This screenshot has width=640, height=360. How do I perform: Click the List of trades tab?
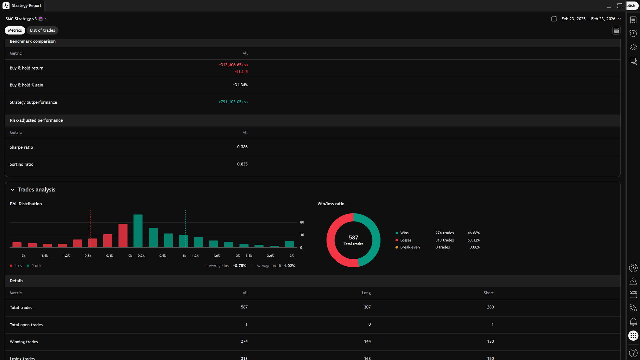(x=42, y=30)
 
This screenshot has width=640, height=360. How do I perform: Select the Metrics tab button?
(x=15, y=30)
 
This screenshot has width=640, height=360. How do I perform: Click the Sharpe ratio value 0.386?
(x=242, y=147)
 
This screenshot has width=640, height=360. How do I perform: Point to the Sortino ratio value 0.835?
(x=242, y=164)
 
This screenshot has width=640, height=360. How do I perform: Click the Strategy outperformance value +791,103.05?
(x=230, y=102)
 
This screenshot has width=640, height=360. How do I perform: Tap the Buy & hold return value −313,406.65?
(x=230, y=65)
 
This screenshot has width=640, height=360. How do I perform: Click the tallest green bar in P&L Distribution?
(x=138, y=231)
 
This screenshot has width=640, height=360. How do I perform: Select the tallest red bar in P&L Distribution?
(x=123, y=235)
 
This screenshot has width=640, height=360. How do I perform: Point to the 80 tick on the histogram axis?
(x=302, y=222)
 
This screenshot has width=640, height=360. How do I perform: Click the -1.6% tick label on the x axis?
(x=44, y=256)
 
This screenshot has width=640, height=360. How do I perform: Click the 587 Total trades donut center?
(x=353, y=240)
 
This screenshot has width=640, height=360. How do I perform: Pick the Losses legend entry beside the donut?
(x=405, y=240)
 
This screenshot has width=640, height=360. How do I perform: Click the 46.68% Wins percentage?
(x=473, y=233)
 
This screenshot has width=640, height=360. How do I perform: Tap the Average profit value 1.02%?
(x=289, y=266)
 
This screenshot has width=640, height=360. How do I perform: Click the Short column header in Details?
(x=489, y=293)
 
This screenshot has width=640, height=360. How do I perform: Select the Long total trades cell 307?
(x=367, y=307)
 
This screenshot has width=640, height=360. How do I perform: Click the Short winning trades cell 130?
(x=490, y=341)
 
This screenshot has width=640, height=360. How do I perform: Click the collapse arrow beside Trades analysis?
(x=12, y=190)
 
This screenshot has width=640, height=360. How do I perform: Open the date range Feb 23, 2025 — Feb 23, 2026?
(x=588, y=19)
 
